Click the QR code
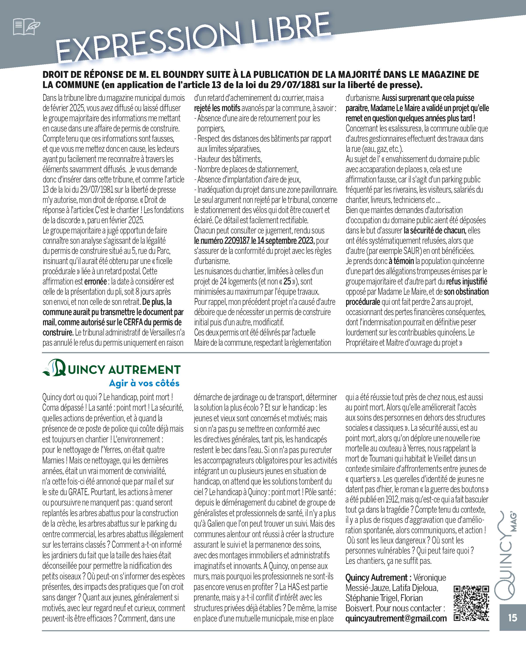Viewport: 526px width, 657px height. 471,603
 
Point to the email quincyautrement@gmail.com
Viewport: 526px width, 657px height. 396,618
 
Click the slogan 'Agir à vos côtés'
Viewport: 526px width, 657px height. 144,383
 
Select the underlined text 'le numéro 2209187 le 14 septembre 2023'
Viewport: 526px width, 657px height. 254,241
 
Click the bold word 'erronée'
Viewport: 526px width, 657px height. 95,282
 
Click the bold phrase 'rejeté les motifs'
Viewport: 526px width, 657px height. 217,108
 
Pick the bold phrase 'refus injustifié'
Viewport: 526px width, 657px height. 467,282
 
